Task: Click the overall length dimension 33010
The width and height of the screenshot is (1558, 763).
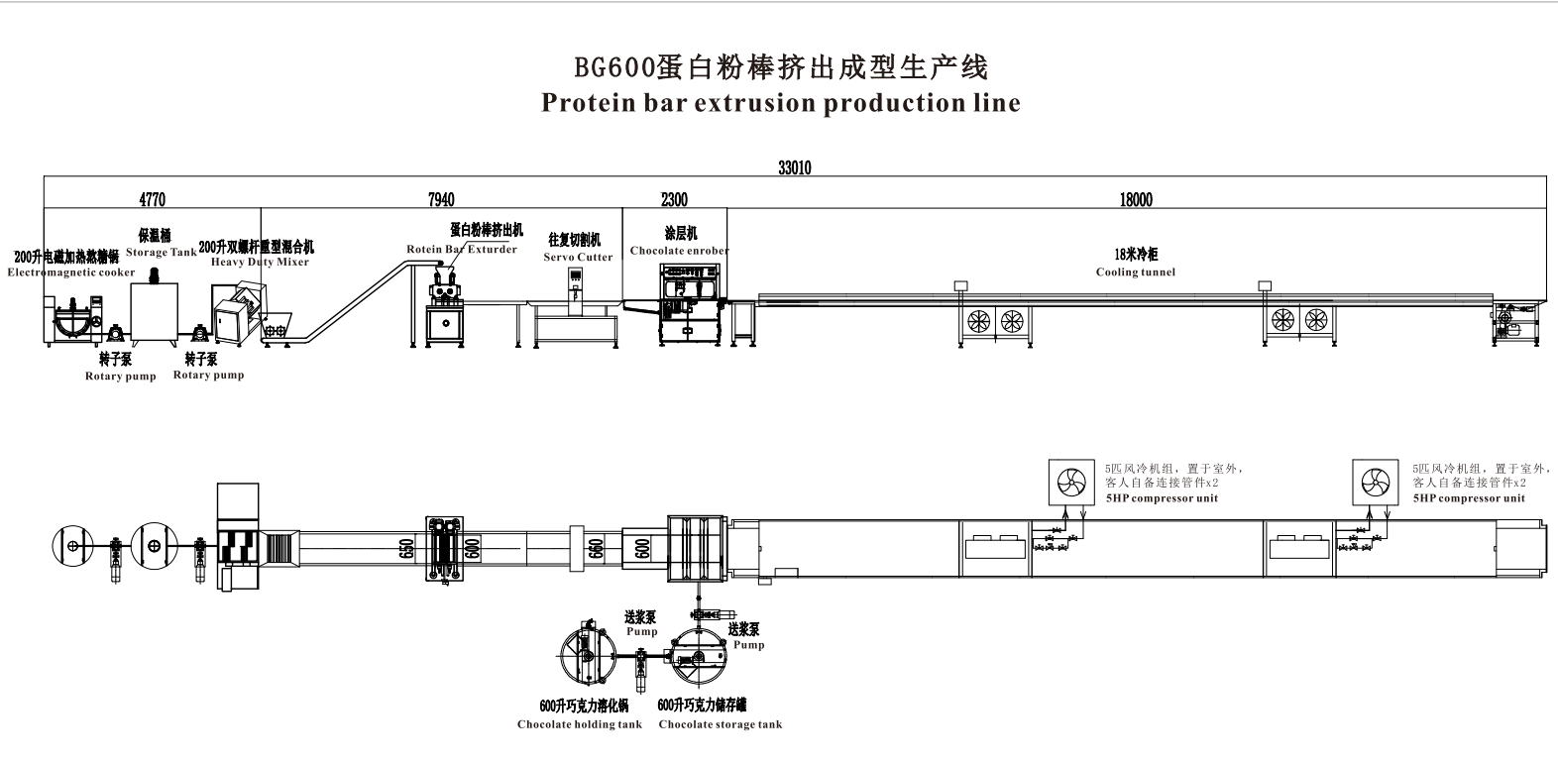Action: (x=794, y=168)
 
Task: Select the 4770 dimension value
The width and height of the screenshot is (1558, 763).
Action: (x=152, y=199)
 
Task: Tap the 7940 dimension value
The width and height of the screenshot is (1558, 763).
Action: (x=441, y=199)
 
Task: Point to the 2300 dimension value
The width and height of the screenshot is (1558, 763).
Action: (x=674, y=199)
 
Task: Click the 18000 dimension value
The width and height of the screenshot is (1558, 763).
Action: (x=1136, y=199)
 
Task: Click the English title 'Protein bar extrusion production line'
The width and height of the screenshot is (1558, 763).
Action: (x=780, y=103)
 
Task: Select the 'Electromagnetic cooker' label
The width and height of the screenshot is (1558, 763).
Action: (x=71, y=272)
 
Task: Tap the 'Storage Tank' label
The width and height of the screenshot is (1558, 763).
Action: (x=161, y=253)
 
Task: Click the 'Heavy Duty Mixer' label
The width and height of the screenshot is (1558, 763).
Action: (x=260, y=263)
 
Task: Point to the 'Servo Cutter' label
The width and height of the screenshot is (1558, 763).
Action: (x=578, y=258)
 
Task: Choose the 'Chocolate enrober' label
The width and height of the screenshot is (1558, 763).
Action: (x=679, y=251)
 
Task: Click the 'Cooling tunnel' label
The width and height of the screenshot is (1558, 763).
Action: (x=1135, y=272)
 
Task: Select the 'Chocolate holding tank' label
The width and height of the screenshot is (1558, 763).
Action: (x=579, y=724)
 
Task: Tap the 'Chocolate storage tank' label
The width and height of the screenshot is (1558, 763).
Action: (x=720, y=724)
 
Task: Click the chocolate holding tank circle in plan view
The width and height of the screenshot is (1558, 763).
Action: (x=584, y=655)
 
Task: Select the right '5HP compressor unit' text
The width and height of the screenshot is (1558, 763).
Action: (x=1469, y=498)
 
